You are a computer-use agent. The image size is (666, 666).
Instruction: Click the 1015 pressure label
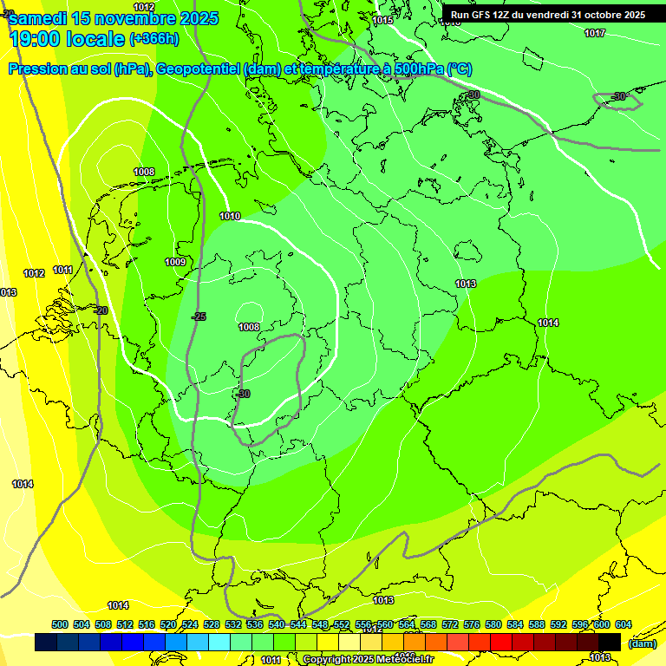(x=382, y=20)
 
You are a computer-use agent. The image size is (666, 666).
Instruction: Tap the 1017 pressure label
(x=595, y=33)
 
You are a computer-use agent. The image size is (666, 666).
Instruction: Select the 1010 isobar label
(x=230, y=216)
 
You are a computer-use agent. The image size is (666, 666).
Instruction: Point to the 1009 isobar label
(x=175, y=262)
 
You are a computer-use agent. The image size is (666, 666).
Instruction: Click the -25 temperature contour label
(x=199, y=317)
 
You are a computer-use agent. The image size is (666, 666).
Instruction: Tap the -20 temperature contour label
(x=101, y=310)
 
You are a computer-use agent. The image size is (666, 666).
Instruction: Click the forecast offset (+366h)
(x=154, y=39)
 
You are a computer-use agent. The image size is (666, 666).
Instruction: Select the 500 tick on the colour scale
(x=60, y=624)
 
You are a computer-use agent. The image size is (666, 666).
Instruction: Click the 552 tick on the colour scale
(x=342, y=624)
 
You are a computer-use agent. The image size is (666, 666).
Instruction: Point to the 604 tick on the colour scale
(x=624, y=624)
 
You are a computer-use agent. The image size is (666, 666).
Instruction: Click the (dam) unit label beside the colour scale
(x=642, y=643)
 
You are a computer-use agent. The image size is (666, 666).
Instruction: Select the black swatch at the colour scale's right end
(x=610, y=642)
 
